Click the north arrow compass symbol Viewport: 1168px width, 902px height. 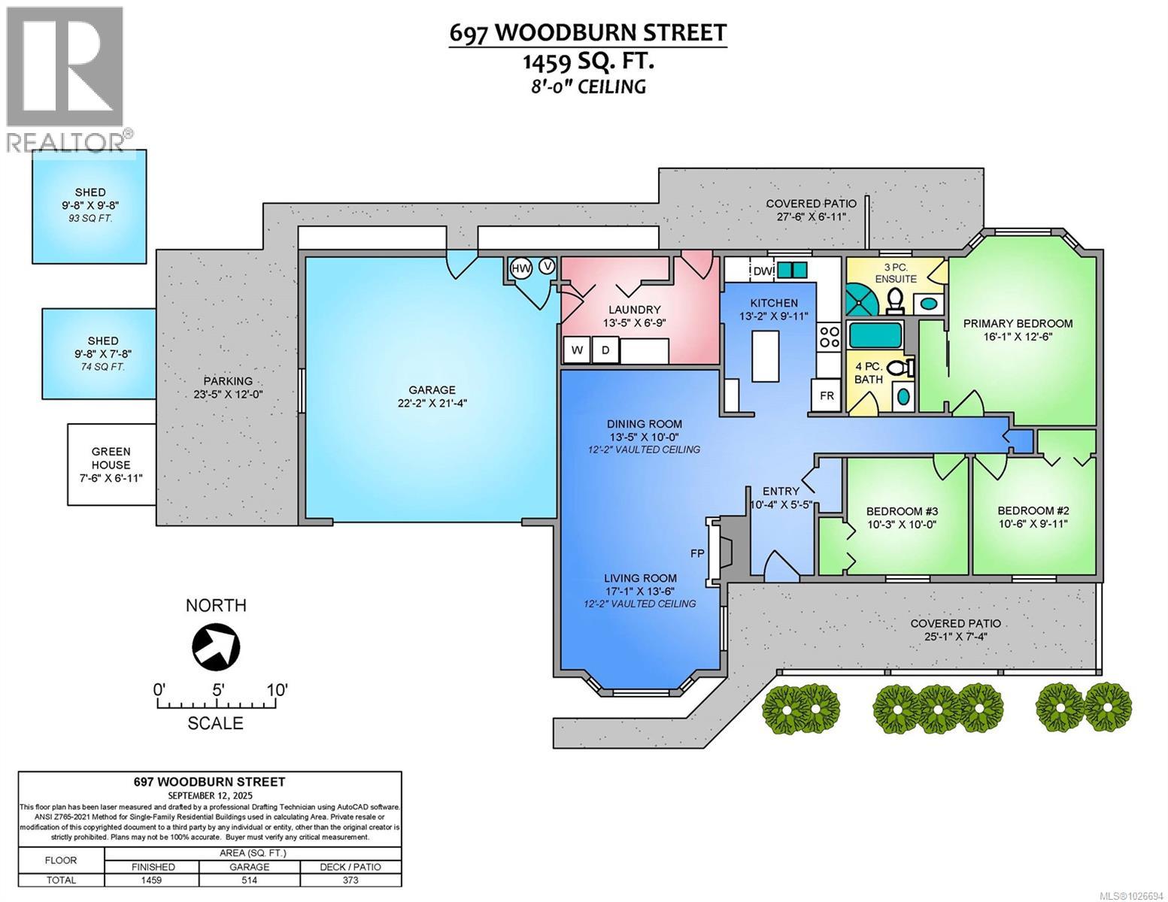(216, 645)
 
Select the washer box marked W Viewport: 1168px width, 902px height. (577, 350)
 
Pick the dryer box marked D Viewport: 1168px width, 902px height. (604, 350)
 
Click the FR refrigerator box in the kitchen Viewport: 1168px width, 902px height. (826, 395)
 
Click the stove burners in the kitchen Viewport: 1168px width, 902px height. (829, 335)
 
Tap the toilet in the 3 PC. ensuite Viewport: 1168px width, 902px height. (895, 301)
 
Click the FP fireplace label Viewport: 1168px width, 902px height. (697, 553)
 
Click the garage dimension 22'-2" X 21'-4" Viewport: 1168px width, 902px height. (432, 404)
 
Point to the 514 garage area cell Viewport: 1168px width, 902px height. (249, 880)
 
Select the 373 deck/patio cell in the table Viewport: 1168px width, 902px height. (350, 880)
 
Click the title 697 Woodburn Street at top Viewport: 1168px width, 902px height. (587, 32)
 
